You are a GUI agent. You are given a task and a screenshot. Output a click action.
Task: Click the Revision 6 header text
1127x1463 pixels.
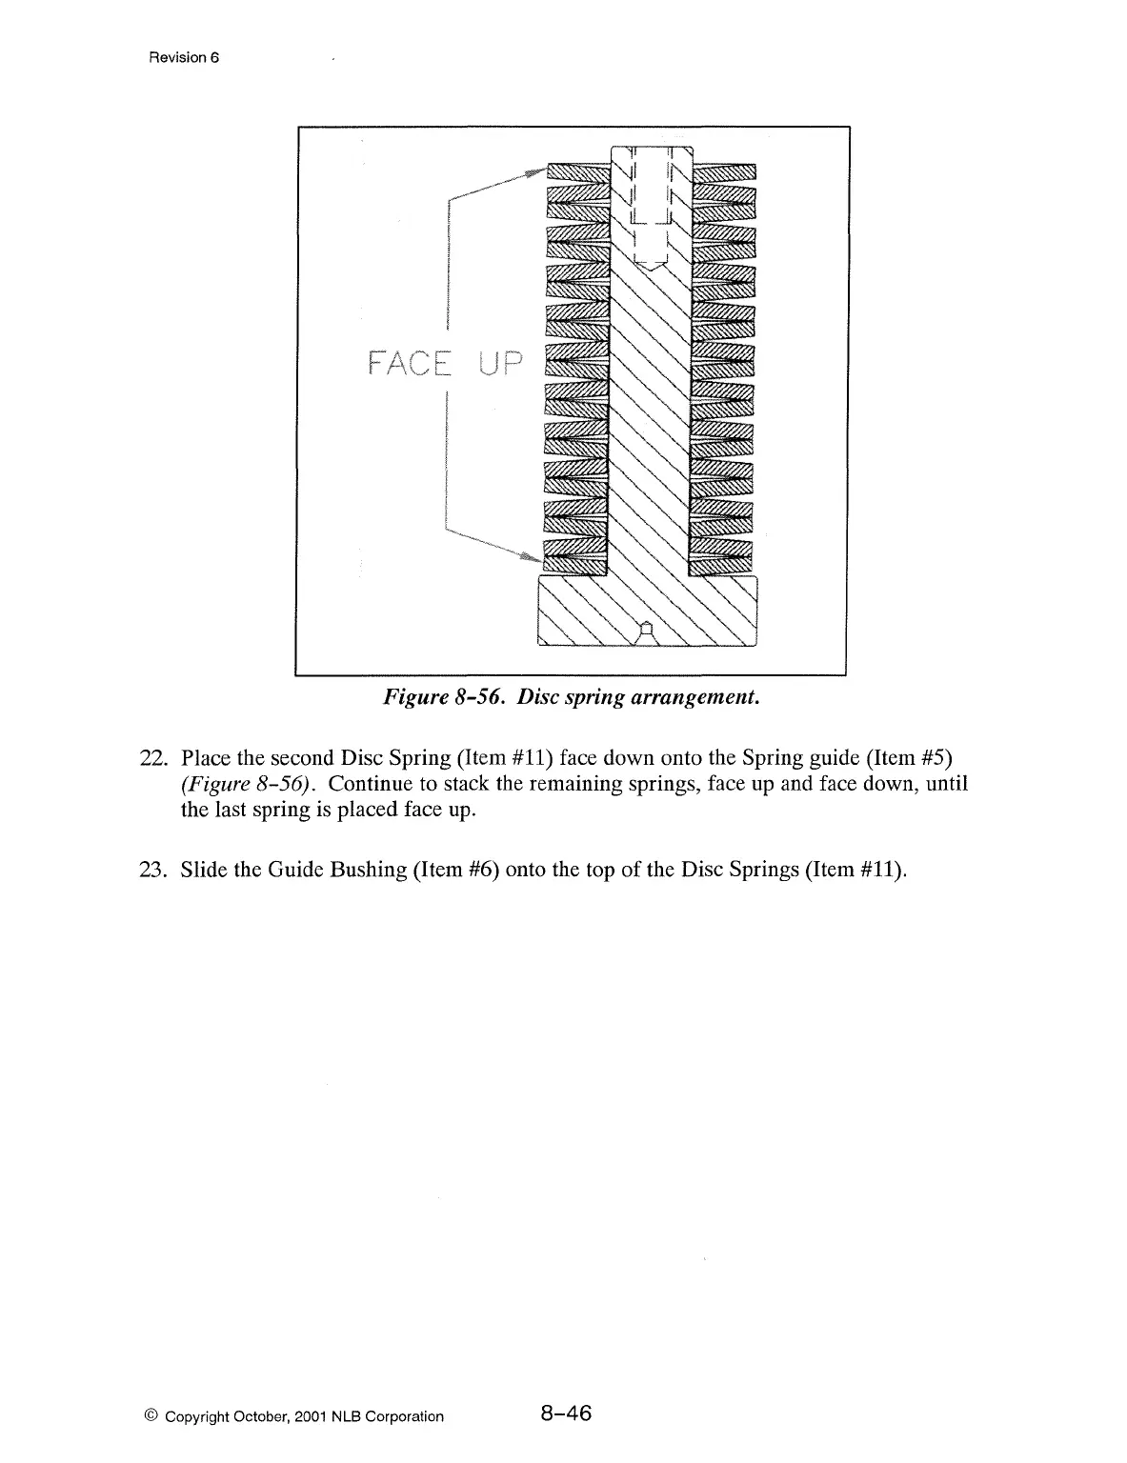click(x=184, y=57)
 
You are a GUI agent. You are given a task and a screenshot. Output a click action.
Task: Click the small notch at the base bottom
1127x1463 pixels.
click(x=647, y=628)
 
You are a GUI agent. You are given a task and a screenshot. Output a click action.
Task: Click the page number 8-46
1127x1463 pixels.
click(x=565, y=1413)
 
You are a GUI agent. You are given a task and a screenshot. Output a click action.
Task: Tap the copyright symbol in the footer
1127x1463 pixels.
click(x=154, y=1416)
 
